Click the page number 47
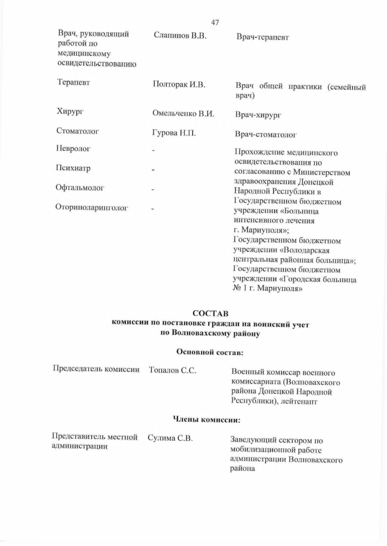point(215,22)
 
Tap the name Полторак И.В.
point(179,84)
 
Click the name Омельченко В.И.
point(183,113)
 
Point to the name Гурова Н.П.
point(174,133)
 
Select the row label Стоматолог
point(78,131)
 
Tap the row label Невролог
point(73,148)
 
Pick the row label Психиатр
point(73,168)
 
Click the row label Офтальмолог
point(80,188)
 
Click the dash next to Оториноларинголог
point(153,209)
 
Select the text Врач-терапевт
point(263,37)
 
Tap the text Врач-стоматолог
point(266,135)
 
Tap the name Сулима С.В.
point(170,438)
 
